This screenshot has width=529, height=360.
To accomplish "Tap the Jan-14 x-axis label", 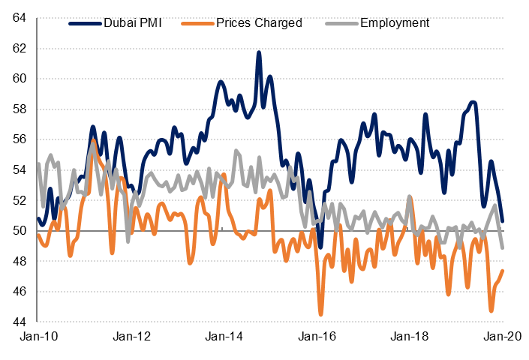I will point(223,338).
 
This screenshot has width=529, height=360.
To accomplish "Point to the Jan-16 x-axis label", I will point(316,338).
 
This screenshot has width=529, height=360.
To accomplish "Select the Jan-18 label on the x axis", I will point(410,338).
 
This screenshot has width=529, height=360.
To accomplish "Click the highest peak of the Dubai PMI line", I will point(259,52).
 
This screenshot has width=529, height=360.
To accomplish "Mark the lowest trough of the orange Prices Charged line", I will point(321,314).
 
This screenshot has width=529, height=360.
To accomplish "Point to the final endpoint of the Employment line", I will point(502,247).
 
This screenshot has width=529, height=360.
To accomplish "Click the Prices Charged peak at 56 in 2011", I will point(93,140).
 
